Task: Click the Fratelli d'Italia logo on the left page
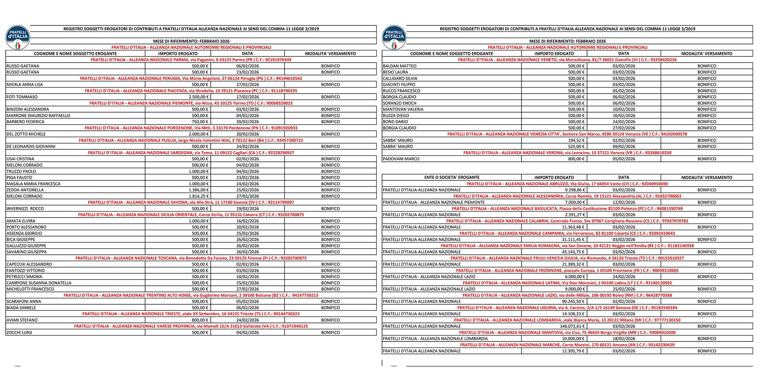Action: point(17,38)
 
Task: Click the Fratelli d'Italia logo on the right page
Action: point(394,38)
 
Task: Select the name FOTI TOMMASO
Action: point(22,97)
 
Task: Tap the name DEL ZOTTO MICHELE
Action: point(26,134)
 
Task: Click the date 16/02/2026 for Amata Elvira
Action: point(247,221)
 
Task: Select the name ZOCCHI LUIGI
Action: point(19,332)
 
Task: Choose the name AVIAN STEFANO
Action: point(22,320)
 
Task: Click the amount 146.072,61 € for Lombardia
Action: point(572,326)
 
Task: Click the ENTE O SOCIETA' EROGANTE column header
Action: point(452,177)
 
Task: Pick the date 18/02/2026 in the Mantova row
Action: point(624,339)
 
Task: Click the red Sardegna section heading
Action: point(191,153)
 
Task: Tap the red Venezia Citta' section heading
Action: point(567,134)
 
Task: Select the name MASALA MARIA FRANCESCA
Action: point(33,184)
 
